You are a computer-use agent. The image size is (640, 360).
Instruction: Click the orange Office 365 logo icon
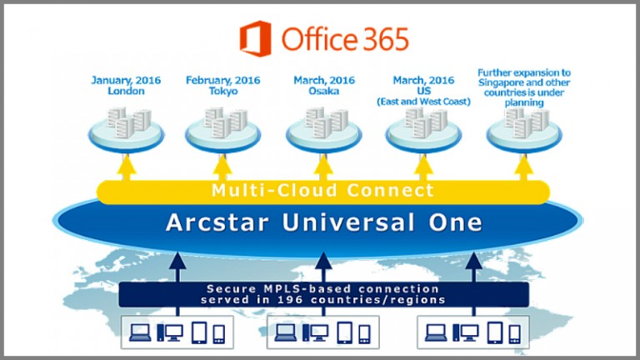click(256, 38)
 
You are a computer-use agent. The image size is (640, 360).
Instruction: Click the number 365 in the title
click(385, 39)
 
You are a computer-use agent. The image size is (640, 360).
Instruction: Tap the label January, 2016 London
click(126, 85)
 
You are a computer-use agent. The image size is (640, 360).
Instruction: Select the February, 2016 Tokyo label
click(222, 85)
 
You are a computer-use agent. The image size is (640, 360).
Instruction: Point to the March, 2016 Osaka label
click(324, 85)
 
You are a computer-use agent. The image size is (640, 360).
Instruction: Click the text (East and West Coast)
click(423, 102)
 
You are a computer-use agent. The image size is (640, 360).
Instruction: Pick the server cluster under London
click(127, 130)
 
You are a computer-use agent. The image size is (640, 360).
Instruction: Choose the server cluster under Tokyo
click(222, 130)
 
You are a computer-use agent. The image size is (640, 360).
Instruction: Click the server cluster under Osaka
click(324, 130)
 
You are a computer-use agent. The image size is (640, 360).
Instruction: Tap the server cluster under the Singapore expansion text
click(524, 130)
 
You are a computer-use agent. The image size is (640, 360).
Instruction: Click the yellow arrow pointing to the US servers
click(423, 167)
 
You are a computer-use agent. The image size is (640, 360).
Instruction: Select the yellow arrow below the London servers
click(127, 167)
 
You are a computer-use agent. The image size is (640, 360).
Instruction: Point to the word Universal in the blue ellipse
click(348, 222)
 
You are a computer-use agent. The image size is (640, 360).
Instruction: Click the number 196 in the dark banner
click(290, 300)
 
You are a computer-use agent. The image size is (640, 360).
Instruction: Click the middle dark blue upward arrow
click(323, 283)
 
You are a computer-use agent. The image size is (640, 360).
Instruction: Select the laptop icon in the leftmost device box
click(140, 332)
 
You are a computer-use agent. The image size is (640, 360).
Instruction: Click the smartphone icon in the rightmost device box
click(515, 334)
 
